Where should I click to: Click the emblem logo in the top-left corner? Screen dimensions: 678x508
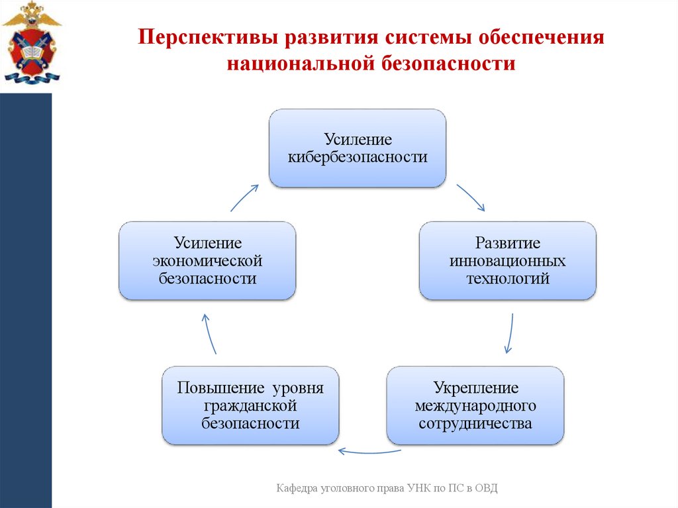[x=30, y=44]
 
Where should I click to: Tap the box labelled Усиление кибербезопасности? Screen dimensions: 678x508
[x=357, y=148]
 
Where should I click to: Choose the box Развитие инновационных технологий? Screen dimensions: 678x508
[x=507, y=260]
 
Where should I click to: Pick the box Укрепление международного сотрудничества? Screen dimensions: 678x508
[x=475, y=405]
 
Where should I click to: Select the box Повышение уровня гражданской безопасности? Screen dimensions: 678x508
[x=250, y=405]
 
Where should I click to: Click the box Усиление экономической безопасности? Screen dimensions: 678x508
[x=207, y=260]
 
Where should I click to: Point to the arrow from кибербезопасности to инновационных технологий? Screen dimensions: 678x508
[x=471, y=198]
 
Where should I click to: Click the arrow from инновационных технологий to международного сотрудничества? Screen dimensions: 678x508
[x=510, y=332]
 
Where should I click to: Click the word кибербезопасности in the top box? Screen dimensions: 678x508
[x=357, y=158]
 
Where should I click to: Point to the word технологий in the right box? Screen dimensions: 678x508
[x=508, y=278]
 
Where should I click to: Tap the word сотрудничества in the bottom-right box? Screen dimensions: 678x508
[x=475, y=423]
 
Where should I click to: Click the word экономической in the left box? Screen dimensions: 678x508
[x=207, y=260]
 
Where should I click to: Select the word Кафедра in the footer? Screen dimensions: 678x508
[x=297, y=488]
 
